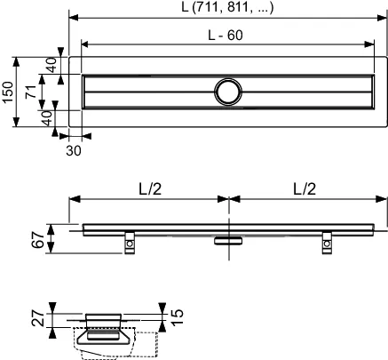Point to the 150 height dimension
coord(8,89)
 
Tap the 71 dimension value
coord(30,89)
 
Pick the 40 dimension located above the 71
coord(51,65)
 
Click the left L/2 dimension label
coord(149,190)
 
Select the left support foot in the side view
coord(131,241)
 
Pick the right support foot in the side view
coord(328,241)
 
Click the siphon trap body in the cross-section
coord(107,335)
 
